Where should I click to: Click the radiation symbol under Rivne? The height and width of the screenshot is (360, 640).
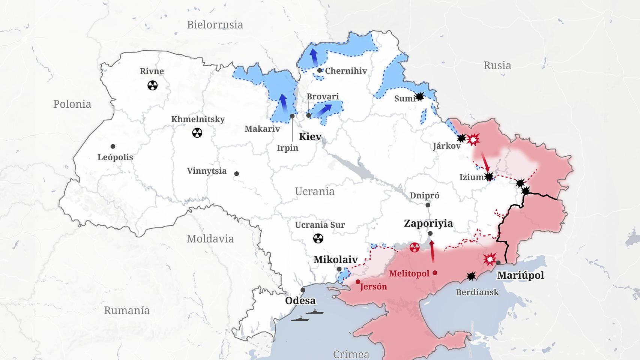152,85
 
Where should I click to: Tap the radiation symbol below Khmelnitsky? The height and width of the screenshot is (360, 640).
197,132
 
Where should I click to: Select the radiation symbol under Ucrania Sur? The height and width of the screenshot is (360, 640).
318,238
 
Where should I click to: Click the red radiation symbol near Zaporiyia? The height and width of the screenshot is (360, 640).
415,247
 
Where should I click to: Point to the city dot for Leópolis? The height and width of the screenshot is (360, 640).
113,146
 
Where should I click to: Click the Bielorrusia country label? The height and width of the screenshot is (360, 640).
215,25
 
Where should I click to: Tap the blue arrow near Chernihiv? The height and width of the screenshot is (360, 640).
313,58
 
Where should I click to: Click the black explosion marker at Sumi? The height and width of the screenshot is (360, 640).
419,97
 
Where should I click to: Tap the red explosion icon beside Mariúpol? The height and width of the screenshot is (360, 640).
490,259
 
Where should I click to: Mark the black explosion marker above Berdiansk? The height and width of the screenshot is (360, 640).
471,276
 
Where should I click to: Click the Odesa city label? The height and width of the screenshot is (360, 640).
300,301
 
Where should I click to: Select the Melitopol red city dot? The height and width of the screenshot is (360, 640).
435,273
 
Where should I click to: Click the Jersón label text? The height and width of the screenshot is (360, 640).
373,287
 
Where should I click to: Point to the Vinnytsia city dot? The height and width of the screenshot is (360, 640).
236,174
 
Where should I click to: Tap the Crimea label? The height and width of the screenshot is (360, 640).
351,354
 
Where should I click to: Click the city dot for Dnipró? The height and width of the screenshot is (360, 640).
428,205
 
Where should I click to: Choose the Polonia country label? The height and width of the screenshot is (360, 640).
72,104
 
